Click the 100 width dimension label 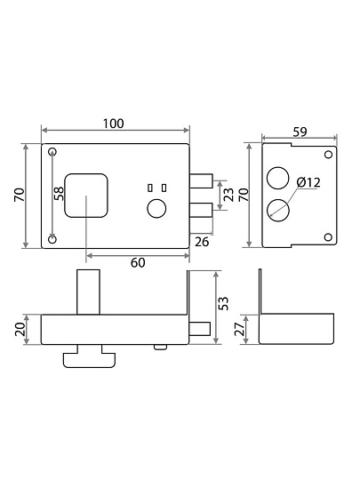pos(113,124)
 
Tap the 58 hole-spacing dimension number pos(59,194)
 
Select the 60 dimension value pos(138,262)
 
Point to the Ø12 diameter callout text pos(308,182)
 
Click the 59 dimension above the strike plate pos(300,132)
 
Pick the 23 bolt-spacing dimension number pos(228,195)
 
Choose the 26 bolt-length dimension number pos(202,242)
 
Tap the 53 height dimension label pos(224,303)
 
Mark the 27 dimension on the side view pos(240,329)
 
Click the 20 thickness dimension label pos(20,330)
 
